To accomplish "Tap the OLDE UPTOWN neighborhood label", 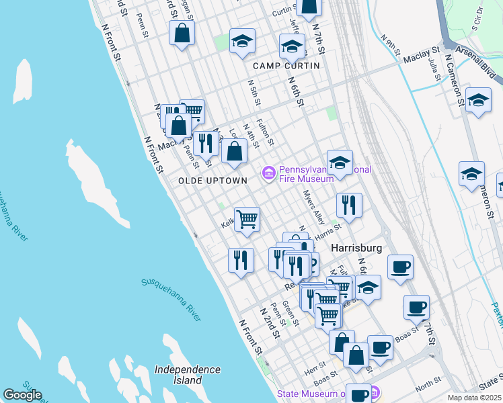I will (212, 181).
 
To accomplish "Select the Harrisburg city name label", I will (356, 248).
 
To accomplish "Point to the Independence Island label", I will (187, 375).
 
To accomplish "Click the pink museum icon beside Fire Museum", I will (269, 174).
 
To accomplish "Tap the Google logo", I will (22, 395).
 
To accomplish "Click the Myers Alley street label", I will (314, 207).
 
